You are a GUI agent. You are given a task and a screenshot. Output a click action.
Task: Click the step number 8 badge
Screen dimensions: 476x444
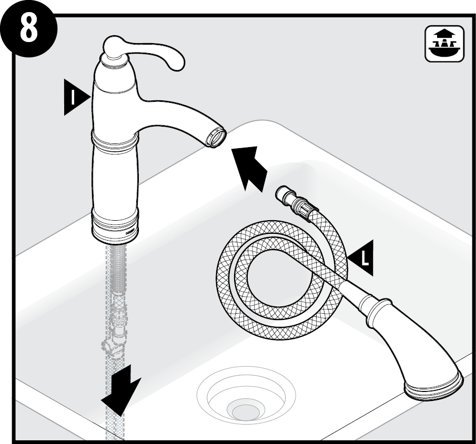pos(28,29)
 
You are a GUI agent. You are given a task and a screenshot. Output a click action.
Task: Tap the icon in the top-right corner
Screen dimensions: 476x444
pos(444,44)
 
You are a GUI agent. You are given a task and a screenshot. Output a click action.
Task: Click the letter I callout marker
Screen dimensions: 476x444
pos(76,97)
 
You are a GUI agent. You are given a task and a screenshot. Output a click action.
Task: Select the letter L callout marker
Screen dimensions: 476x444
pos(361,258)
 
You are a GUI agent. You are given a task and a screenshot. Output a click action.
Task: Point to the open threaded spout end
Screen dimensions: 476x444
pos(216,137)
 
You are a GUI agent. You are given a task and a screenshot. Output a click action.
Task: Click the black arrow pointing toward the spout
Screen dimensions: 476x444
pos(248,168)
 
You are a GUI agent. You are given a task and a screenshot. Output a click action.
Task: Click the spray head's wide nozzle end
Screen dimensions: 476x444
pos(434,387)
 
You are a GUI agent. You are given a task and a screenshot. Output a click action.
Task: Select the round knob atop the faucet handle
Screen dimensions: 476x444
pos(114,47)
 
